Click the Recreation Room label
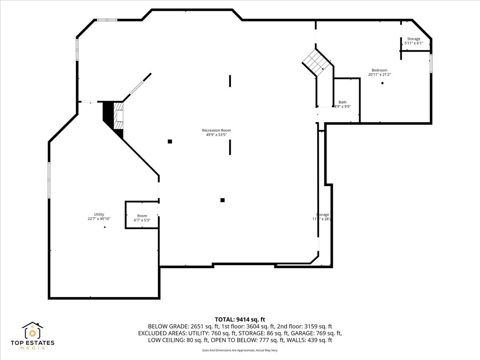pos(216,130)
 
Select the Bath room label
pos(342,102)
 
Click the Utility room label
pos(99,214)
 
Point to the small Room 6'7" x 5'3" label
pos(142,216)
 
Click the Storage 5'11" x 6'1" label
pos(414,39)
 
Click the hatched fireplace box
pos(118,116)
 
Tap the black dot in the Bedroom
pos(382,83)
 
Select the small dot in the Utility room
pos(105,227)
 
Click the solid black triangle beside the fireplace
pos(108,114)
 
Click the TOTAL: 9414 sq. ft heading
pos(240,319)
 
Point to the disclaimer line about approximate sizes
pos(240,350)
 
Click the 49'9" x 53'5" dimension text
pos(216,135)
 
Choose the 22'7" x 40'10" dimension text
pos(99,219)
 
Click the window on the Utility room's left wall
pos(49,180)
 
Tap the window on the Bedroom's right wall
pos(431,63)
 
